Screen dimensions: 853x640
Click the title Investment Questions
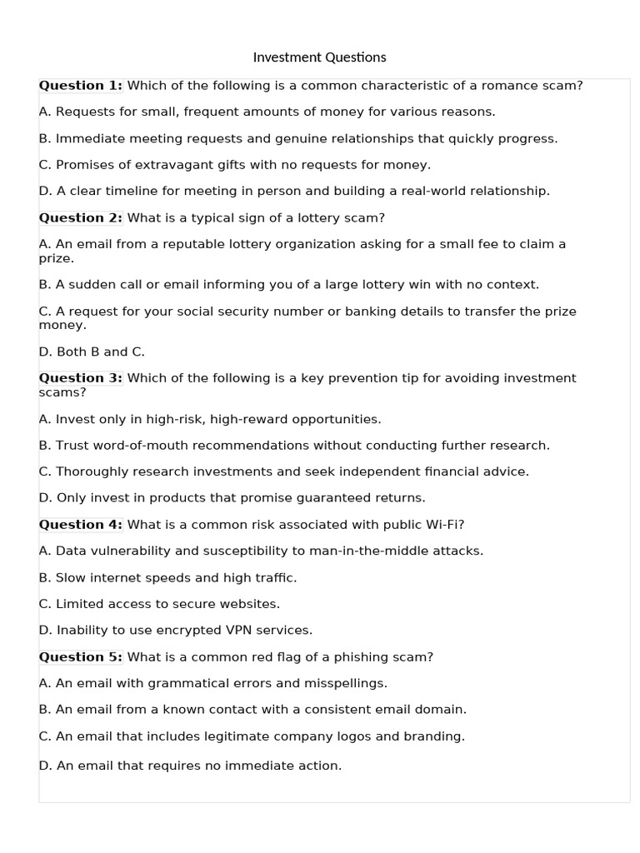(x=319, y=57)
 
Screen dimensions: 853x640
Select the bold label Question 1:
(x=80, y=85)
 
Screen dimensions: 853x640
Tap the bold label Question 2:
(x=80, y=217)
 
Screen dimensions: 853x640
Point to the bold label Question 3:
(x=80, y=377)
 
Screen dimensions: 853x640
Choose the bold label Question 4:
(x=80, y=524)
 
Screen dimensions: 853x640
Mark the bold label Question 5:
(x=80, y=656)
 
